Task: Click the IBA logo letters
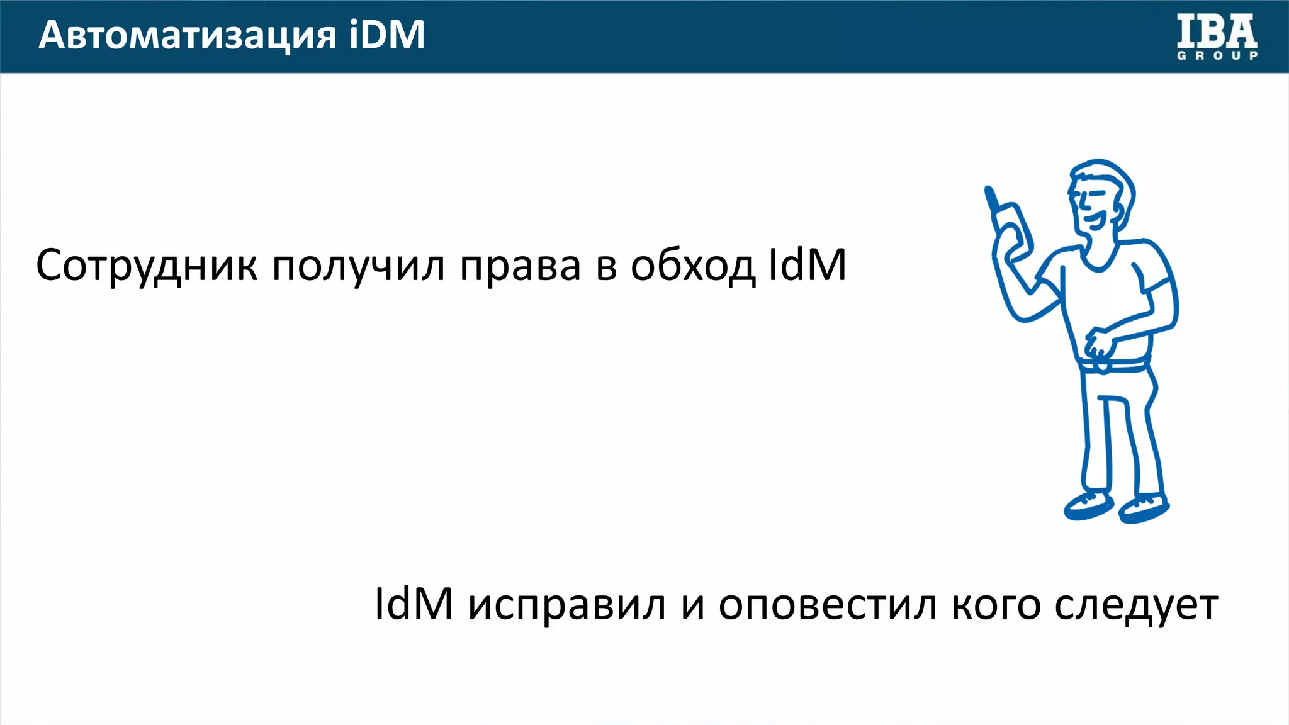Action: pos(1217,32)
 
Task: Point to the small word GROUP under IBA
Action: pos(1217,56)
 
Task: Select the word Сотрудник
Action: pos(146,266)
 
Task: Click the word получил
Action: pos(358,266)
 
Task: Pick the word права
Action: pos(520,266)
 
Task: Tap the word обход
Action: pos(692,266)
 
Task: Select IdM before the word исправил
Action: pos(414,604)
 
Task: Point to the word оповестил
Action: pos(827,604)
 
